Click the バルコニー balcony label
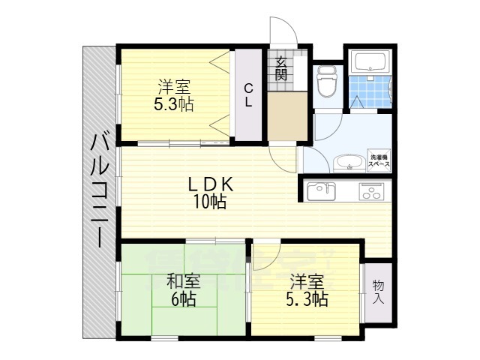click(98, 190)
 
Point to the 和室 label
click(184, 283)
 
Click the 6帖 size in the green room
click(184, 299)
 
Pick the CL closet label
click(248, 94)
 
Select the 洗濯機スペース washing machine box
click(378, 160)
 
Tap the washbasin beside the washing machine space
click(346, 161)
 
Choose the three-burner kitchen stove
click(373, 191)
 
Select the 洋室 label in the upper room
click(173, 86)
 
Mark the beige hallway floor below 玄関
click(288, 116)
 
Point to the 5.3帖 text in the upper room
click(173, 104)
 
